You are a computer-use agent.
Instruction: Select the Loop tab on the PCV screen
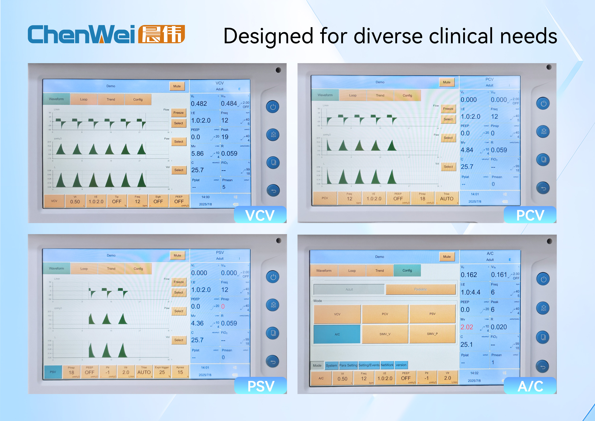352,95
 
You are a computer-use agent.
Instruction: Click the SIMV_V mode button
385,334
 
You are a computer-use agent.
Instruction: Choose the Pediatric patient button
420,289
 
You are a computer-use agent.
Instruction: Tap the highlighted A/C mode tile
337,334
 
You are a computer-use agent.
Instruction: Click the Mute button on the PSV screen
177,255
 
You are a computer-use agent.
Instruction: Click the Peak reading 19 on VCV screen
225,137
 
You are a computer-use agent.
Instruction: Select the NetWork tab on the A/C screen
387,365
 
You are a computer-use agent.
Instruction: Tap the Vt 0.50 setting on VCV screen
75,201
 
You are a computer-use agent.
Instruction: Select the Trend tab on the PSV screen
111,269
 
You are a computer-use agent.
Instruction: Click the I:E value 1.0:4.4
470,292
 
